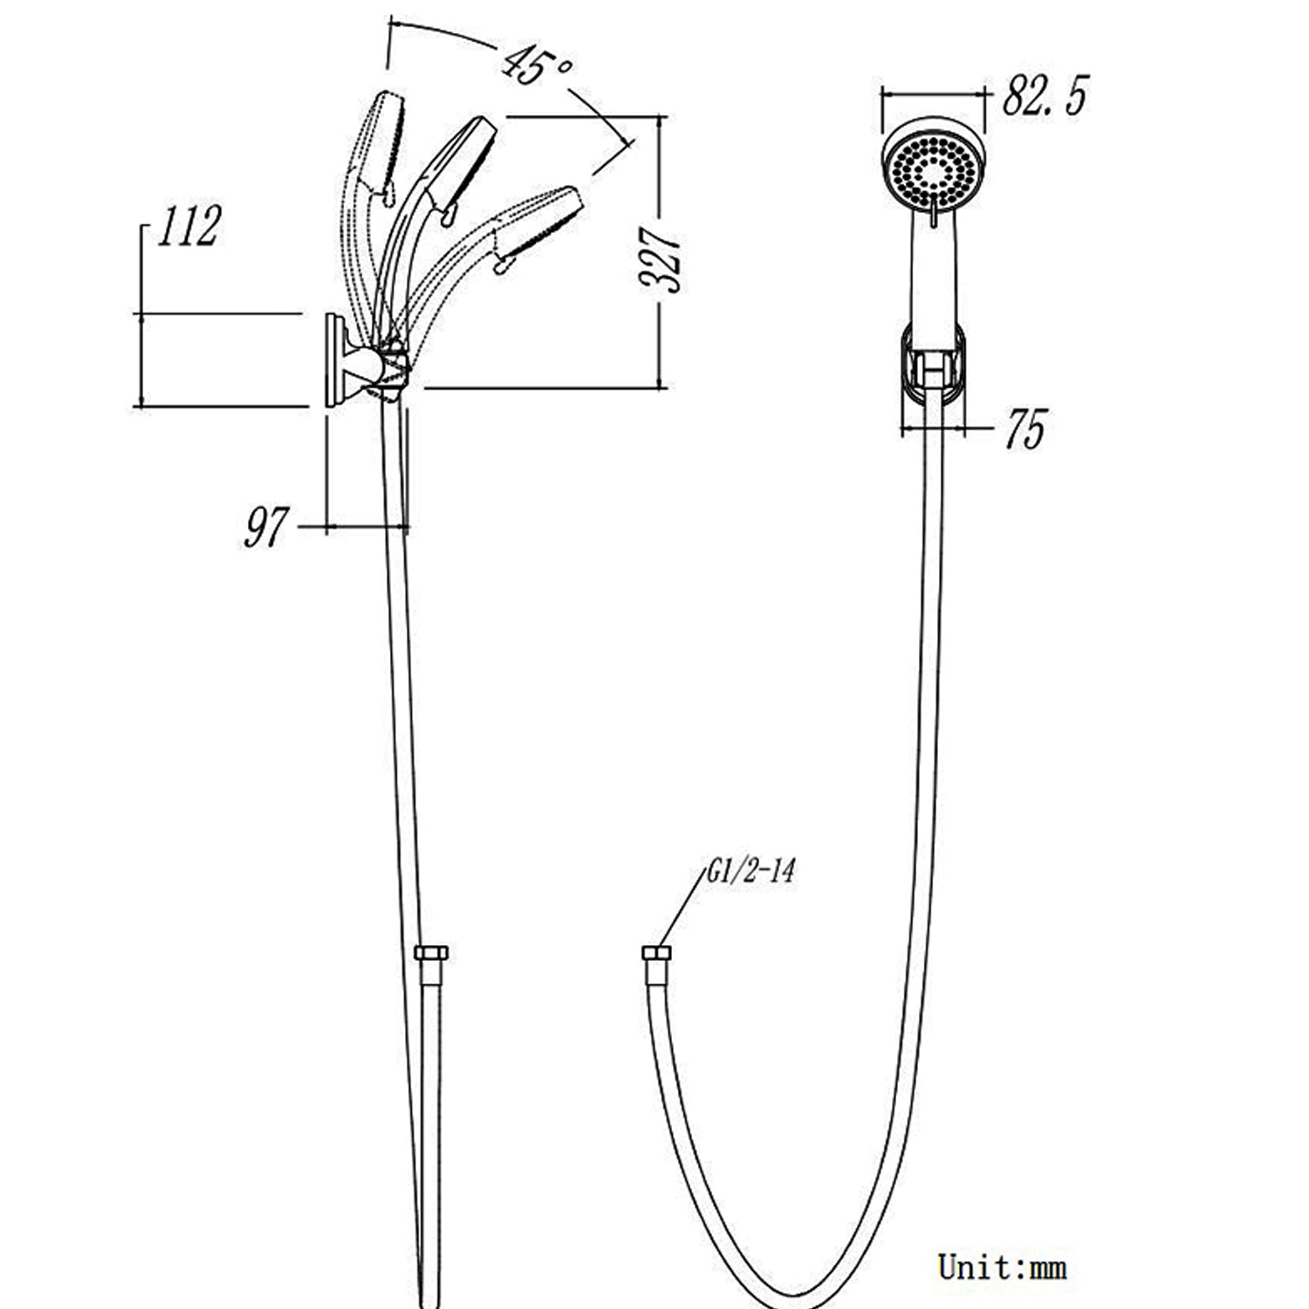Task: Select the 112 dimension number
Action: click(188, 227)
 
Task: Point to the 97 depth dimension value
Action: click(265, 527)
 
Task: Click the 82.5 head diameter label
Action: click(1045, 95)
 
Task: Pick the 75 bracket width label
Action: click(1025, 429)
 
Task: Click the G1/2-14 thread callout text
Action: click(750, 872)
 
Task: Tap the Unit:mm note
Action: click(1003, 1266)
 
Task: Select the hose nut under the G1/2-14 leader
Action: click(655, 952)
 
